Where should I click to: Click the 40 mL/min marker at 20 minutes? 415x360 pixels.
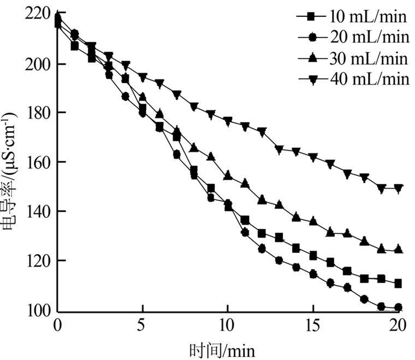click(398, 188)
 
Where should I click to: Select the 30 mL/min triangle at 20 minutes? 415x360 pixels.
click(398, 249)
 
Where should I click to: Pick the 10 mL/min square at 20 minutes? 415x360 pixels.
click(398, 284)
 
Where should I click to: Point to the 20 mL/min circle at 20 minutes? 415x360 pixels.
click(398, 307)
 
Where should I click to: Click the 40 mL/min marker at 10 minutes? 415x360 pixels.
click(228, 121)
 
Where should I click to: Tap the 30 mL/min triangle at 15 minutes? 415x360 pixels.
click(313, 221)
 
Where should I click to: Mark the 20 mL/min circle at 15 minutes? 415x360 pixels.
click(313, 274)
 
